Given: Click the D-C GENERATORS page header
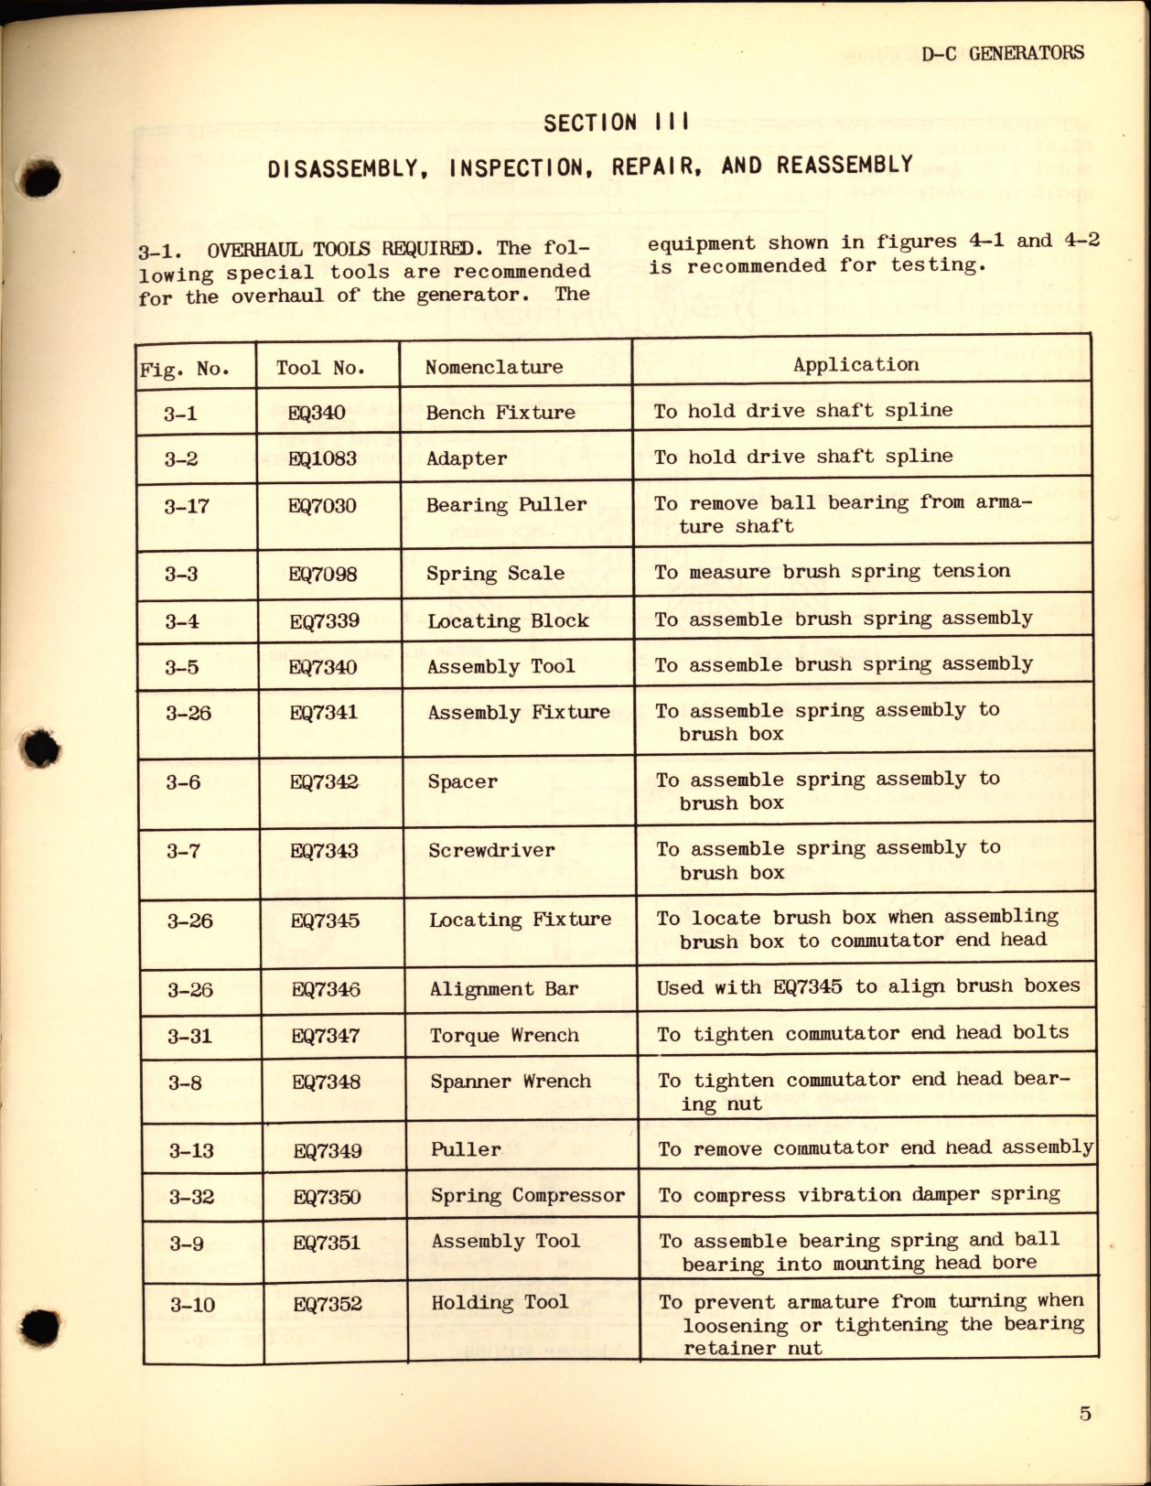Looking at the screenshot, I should pyautogui.click(x=1003, y=53).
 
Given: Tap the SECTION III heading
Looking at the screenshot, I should pyautogui.click(x=616, y=123).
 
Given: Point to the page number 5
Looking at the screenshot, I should pyautogui.click(x=1085, y=1414).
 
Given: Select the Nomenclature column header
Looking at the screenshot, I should pyautogui.click(x=494, y=367).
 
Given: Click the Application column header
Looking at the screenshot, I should pyautogui.click(x=855, y=364).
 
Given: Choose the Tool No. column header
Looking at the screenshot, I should pyautogui.click(x=320, y=368).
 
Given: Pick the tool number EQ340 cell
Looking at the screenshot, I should pyautogui.click(x=317, y=413).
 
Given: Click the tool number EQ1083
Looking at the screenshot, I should pyautogui.click(x=322, y=458).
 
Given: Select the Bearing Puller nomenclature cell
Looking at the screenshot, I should pyautogui.click(x=506, y=504).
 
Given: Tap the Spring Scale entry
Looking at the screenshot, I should pyautogui.click(x=495, y=574).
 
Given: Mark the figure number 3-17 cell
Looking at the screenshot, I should pyautogui.click(x=187, y=505).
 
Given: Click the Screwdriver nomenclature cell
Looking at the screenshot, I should pyautogui.click(x=491, y=850).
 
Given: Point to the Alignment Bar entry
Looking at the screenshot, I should pyautogui.click(x=504, y=988).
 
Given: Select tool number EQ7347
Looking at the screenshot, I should pyautogui.click(x=326, y=1036).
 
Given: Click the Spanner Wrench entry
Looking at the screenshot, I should pyautogui.click(x=511, y=1081).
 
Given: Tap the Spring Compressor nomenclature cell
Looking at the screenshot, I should pyautogui.click(x=528, y=1195).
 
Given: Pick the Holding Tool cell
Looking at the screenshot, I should pyautogui.click(x=500, y=1301).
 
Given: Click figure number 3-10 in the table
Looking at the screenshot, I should pyautogui.click(x=192, y=1304).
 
